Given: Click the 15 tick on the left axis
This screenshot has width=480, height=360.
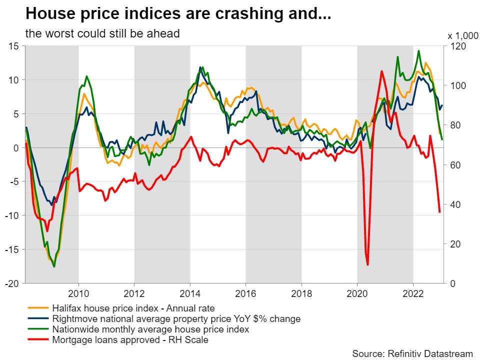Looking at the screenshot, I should pos(13,46).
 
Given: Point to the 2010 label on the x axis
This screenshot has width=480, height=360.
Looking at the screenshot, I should pos(78,292).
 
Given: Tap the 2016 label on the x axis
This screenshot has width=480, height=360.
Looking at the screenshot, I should pos(245,292).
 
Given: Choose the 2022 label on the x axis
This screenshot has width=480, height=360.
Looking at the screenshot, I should pos(413,292).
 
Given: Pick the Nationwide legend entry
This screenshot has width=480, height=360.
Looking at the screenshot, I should pos(150,329).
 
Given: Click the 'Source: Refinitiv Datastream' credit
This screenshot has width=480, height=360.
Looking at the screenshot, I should pos(412,353).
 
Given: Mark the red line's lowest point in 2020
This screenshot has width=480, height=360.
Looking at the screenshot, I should pos(368,264).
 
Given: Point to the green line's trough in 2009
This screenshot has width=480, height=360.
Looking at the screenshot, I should pos(54,266).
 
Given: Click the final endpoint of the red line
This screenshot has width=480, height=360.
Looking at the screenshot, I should pos(439,212).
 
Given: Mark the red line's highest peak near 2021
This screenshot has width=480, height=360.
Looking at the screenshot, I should pos(381,71).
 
